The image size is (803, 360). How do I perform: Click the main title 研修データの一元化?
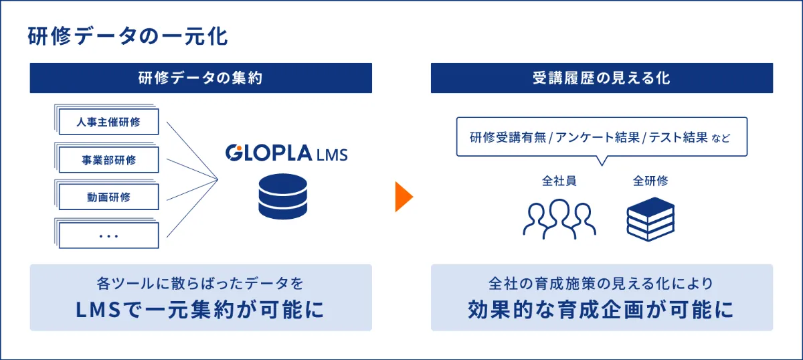[128, 36]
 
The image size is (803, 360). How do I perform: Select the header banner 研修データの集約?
[201, 78]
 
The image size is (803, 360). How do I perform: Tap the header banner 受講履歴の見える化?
[602, 78]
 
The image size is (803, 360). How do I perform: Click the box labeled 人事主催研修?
[108, 122]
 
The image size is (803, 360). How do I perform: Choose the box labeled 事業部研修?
[108, 160]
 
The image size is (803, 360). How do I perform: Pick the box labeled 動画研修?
[108, 197]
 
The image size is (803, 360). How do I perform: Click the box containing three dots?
[108, 236]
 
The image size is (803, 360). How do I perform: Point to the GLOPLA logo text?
[269, 153]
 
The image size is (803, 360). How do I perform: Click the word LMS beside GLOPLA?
[332, 155]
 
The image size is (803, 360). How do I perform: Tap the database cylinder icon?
[283, 197]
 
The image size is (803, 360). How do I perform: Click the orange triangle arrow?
[404, 197]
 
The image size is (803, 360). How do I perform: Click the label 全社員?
[559, 181]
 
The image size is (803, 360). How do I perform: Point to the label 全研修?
[650, 181]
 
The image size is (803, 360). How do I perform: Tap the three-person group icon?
[559, 219]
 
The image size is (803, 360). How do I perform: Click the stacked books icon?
[650, 219]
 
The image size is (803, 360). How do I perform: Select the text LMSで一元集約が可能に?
[200, 310]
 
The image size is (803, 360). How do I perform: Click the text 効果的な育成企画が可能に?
[601, 310]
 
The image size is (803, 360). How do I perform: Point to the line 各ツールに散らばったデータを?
[200, 284]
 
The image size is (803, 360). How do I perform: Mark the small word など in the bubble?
[721, 138]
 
